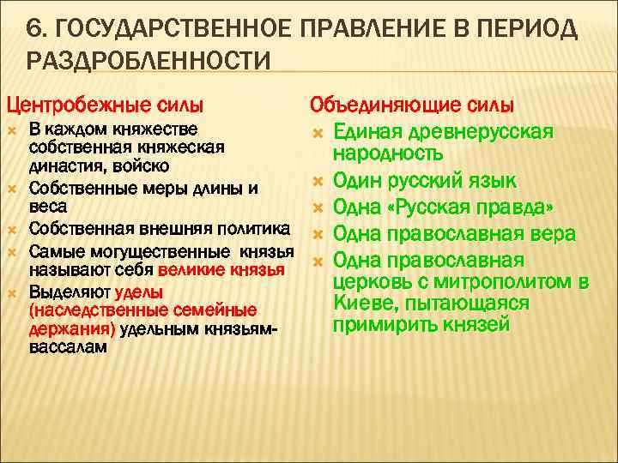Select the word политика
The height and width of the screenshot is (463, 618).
click(x=248, y=227)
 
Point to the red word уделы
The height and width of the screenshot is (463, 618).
click(x=139, y=291)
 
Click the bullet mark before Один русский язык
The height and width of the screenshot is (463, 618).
click(x=316, y=181)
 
